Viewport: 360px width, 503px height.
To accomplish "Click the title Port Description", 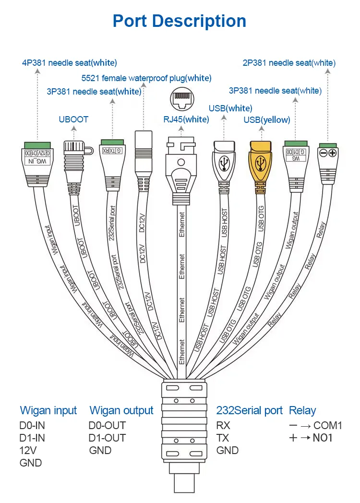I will pyautogui.click(x=179, y=21).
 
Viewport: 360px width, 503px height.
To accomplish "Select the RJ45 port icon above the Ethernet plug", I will pyautogui.click(x=181, y=100).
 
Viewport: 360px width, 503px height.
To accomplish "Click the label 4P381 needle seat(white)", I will pyautogui.click(x=70, y=63).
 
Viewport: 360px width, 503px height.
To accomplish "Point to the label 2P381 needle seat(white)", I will pyautogui.click(x=289, y=63).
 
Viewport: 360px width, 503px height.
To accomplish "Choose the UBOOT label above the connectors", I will pyautogui.click(x=73, y=120).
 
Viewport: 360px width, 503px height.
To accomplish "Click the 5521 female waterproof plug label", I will pyautogui.click(x=146, y=78).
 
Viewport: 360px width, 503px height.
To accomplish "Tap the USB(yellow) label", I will pyautogui.click(x=267, y=120).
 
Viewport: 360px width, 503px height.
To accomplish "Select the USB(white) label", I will pyautogui.click(x=230, y=108).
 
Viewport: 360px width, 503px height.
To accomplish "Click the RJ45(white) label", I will pyautogui.click(x=186, y=120).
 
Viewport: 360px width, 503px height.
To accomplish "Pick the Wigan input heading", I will pyautogui.click(x=48, y=411).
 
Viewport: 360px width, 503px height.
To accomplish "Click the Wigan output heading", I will pyautogui.click(x=121, y=411).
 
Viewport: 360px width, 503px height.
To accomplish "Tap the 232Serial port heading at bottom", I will pyautogui.click(x=250, y=411).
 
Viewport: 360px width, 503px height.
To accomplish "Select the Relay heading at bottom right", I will pyautogui.click(x=302, y=411).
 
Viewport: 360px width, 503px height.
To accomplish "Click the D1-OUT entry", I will pyautogui.click(x=107, y=438).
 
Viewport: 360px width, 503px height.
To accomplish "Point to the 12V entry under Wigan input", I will pyautogui.click(x=28, y=450).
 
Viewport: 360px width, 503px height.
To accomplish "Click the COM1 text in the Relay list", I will pyautogui.click(x=328, y=425).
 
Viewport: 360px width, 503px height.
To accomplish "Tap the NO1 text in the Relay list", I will pyautogui.click(x=323, y=438).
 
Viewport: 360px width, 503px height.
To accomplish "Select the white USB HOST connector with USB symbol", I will pyautogui.click(x=224, y=163).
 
